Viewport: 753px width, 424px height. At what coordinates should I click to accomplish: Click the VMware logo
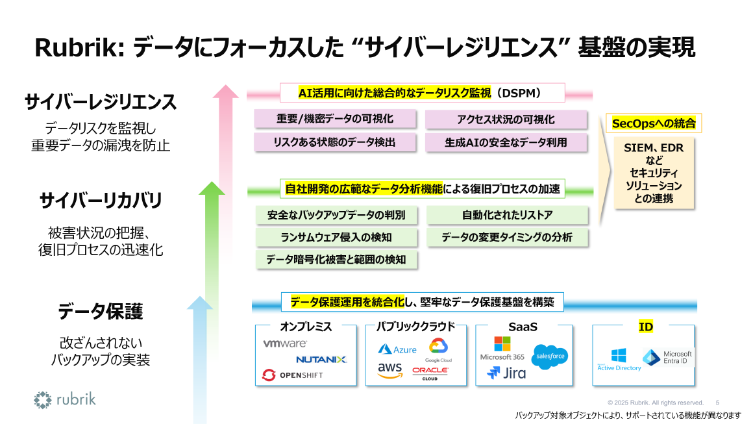coord(285,343)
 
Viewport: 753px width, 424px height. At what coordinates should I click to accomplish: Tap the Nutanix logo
coord(321,359)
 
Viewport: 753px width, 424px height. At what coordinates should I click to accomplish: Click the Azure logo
coord(397,349)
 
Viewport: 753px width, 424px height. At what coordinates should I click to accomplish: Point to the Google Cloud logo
coord(438,349)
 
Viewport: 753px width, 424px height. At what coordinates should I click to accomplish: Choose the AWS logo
coord(390,370)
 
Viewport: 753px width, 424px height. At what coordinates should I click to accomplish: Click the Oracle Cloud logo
coord(430,373)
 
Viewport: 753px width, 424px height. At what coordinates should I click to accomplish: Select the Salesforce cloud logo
coord(549,356)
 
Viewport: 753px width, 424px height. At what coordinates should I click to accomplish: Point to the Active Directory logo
coord(619,359)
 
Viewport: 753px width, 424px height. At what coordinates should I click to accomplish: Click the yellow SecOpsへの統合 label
coord(654,123)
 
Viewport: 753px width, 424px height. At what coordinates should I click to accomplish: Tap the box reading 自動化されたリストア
coord(507,215)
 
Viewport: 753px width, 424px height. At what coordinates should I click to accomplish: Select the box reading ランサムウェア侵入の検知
coord(336,237)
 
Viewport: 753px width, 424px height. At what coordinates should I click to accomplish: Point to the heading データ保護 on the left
coord(100,312)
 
